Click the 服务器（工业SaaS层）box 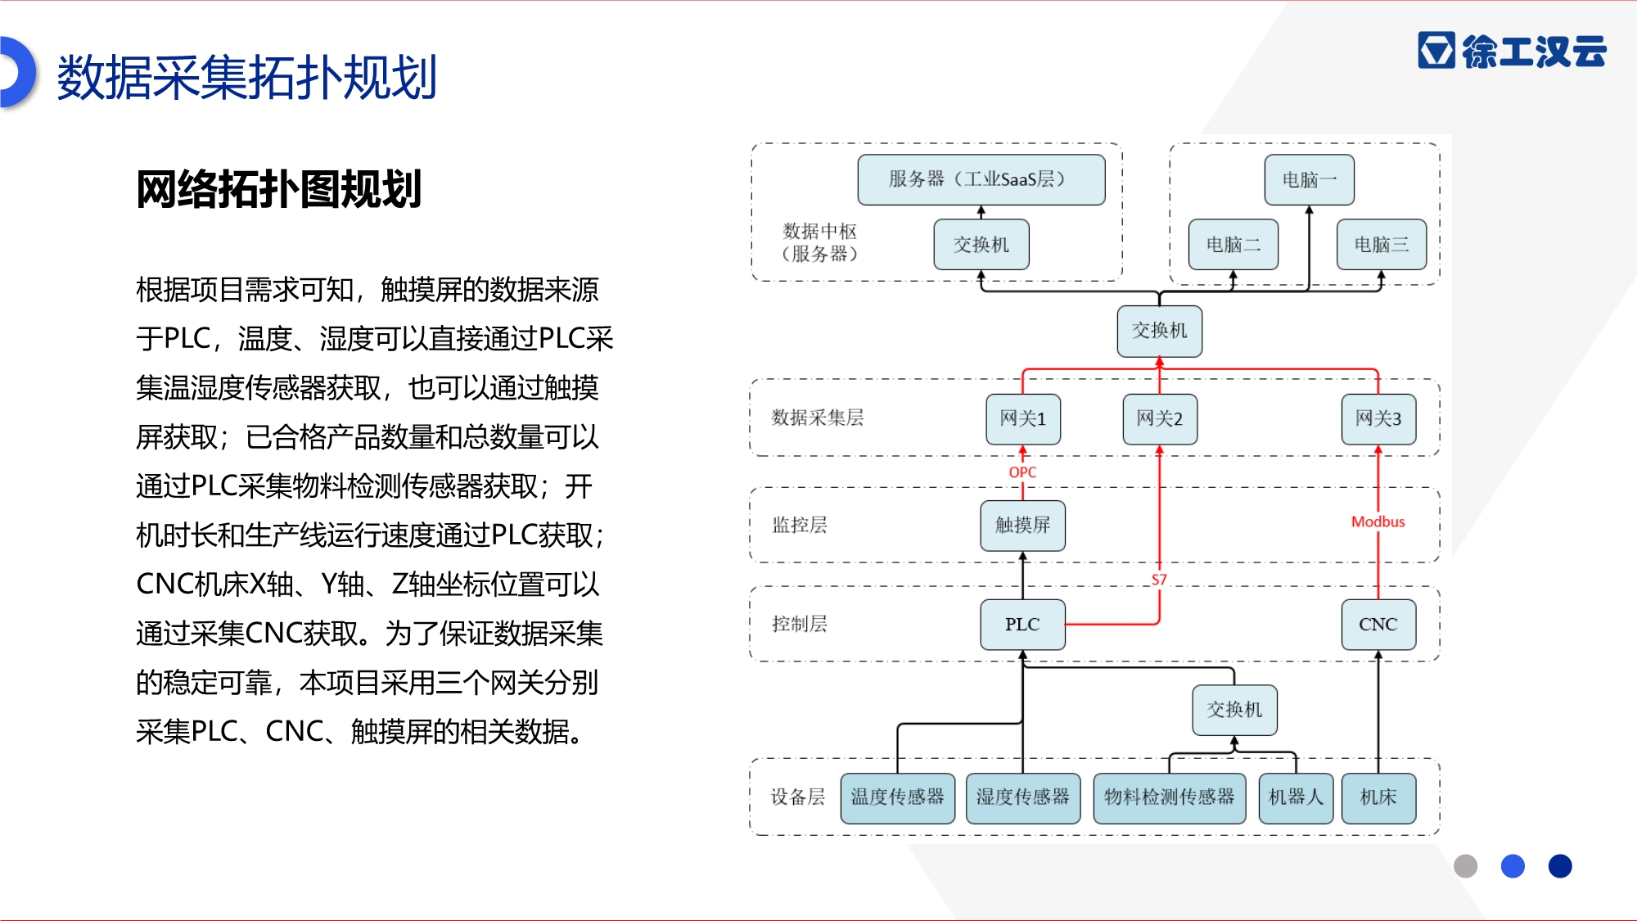981,179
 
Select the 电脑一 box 1309,179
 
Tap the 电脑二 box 1233,244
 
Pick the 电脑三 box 1382,244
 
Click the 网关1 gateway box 1023,419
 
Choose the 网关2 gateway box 1160,419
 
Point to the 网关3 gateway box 1378,419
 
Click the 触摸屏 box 1023,526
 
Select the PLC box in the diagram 1023,625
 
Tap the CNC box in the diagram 1378,625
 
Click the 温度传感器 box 898,798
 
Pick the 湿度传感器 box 1023,798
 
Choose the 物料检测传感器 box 1170,798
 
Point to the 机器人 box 1296,798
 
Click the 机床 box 1378,798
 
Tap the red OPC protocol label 1022,472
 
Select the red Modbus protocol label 1378,521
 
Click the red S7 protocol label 1159,580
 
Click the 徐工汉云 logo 1513,51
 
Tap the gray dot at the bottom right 1465,866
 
